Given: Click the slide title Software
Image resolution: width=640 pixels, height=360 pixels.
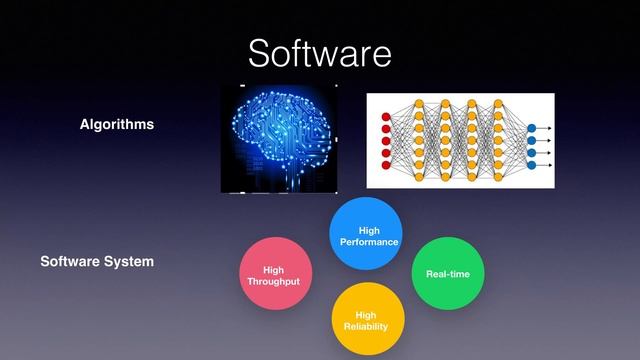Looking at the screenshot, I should pyautogui.click(x=319, y=52).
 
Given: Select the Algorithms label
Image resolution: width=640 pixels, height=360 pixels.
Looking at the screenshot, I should pyautogui.click(x=117, y=125).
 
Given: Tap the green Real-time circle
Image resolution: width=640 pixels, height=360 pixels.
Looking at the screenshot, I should pyautogui.click(x=447, y=273).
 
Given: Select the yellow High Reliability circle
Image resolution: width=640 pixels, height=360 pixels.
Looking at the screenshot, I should pyautogui.click(x=365, y=319).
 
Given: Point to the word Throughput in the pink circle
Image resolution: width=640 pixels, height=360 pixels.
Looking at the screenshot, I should pyautogui.click(x=273, y=281).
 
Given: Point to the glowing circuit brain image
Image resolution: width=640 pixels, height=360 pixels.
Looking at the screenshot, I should pyautogui.click(x=279, y=138).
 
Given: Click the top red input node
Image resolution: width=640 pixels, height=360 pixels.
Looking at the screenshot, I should pyautogui.click(x=386, y=117).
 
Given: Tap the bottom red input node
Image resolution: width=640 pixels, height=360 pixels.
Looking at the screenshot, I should pyautogui.click(x=386, y=166).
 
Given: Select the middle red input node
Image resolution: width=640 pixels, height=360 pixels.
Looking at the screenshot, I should pyautogui.click(x=386, y=141).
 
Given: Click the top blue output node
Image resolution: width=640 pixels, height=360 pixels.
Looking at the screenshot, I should pyautogui.click(x=531, y=129).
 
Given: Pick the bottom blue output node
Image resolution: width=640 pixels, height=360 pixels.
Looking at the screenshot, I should pyautogui.click(x=531, y=166).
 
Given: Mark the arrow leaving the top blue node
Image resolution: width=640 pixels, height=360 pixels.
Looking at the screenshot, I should pyautogui.click(x=544, y=129).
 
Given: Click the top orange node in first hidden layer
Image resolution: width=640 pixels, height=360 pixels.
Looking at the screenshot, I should pyautogui.click(x=418, y=104).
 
